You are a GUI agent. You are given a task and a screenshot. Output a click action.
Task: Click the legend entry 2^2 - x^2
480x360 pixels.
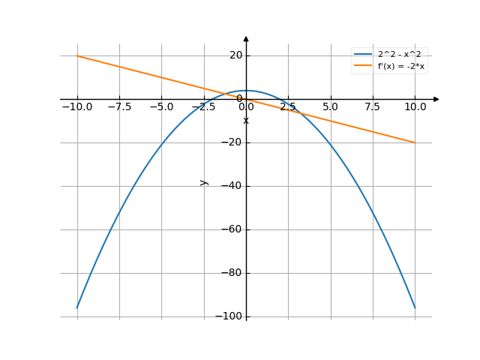coord(397,55)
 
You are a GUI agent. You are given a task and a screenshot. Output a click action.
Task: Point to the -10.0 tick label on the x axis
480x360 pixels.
coord(77,107)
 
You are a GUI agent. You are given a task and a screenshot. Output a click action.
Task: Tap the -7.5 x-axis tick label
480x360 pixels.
coord(119,107)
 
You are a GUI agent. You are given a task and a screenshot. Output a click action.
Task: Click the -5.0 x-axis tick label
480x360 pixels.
coord(161,107)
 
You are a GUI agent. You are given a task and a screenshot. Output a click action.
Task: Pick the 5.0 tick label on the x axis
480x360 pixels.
coord(330,107)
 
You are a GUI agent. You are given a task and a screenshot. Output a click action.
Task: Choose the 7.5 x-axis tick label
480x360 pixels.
coord(372,107)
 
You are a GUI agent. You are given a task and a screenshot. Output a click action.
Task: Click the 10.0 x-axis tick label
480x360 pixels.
coord(414,107)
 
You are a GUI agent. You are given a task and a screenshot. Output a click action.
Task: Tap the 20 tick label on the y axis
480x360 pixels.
coord(235,55)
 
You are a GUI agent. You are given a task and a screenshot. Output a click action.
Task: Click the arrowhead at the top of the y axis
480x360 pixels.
coord(246,38)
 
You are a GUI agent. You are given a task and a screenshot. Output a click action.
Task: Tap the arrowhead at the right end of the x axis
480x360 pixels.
coord(436,99)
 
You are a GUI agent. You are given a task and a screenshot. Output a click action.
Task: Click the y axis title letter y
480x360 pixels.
coord(203,181)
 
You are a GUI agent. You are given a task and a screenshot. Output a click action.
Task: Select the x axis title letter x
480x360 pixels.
coord(246,120)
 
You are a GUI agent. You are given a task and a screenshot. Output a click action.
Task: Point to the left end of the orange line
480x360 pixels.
coord(77,55)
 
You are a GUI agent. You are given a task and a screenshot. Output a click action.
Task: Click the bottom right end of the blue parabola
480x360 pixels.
coord(414,307)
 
